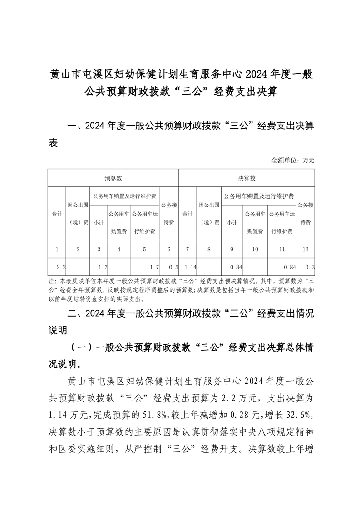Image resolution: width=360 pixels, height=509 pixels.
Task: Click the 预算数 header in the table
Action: click(113, 178)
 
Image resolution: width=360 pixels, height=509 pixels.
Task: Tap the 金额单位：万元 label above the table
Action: click(292, 160)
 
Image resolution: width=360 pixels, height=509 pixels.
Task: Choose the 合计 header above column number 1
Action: click(57, 213)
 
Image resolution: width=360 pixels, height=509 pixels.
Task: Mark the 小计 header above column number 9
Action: click(232, 222)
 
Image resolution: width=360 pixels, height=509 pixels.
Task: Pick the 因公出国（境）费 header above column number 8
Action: click(209, 213)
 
